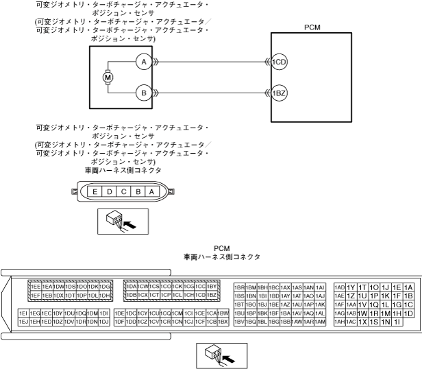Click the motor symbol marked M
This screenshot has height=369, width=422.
coord(107,77)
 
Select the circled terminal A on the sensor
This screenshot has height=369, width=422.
coord(142,62)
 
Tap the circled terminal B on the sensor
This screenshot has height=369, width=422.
coord(142,92)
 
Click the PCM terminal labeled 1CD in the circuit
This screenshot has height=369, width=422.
coord(279,62)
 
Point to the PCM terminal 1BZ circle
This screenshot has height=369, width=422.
coord(279,92)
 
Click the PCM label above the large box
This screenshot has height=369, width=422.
coord(312,27)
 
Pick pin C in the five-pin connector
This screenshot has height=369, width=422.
coord(123,192)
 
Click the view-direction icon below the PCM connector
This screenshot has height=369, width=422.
coord(222,355)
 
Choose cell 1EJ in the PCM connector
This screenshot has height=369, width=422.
coord(23,322)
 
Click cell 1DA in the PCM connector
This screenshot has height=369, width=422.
coord(131,287)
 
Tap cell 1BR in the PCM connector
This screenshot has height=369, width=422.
coord(239,287)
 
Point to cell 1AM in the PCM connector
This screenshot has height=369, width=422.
coord(320,322)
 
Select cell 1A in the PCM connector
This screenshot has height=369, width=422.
coord(409,287)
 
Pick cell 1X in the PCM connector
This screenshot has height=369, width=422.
coord(362,322)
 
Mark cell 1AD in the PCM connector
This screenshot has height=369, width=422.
coord(340,287)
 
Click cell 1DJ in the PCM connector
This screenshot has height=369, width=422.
coord(105,322)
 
